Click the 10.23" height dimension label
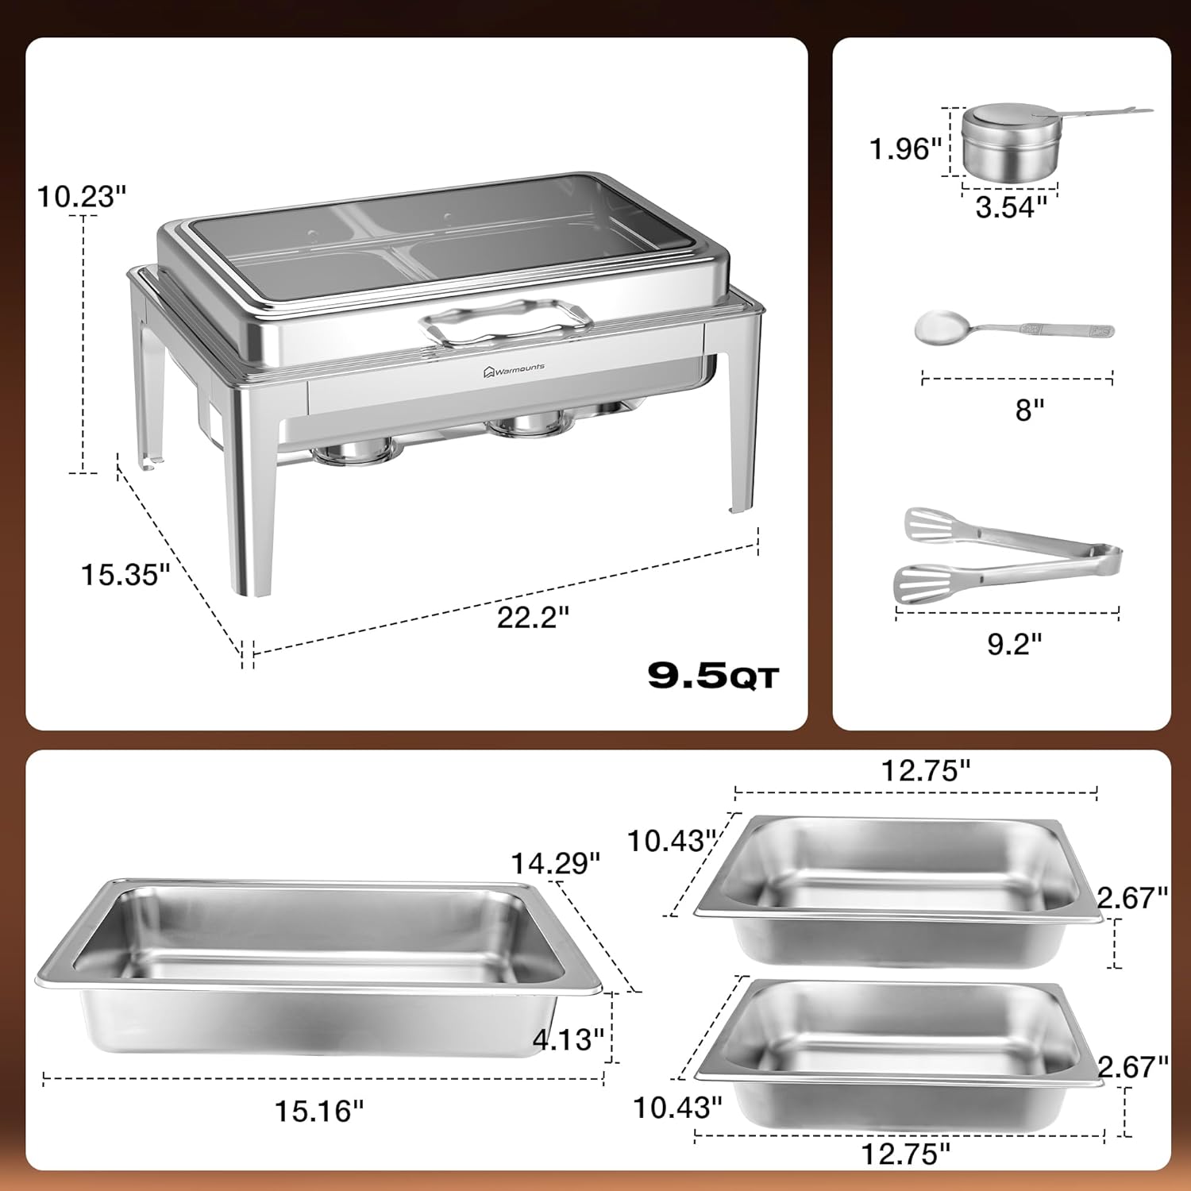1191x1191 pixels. [x=82, y=196]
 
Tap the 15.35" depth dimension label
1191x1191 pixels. [x=125, y=574]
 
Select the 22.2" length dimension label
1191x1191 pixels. [x=533, y=617]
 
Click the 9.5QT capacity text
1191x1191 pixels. [x=713, y=676]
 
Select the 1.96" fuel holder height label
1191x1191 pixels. [x=904, y=148]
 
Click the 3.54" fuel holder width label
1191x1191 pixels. [x=1011, y=207]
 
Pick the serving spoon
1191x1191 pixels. [x=1012, y=328]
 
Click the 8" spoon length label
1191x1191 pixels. [x=1029, y=410]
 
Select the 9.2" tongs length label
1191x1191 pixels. [x=1014, y=643]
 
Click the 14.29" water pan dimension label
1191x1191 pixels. [x=555, y=863]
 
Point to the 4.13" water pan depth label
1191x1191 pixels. [x=569, y=1039]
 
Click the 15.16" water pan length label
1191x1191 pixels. [x=319, y=1111]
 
